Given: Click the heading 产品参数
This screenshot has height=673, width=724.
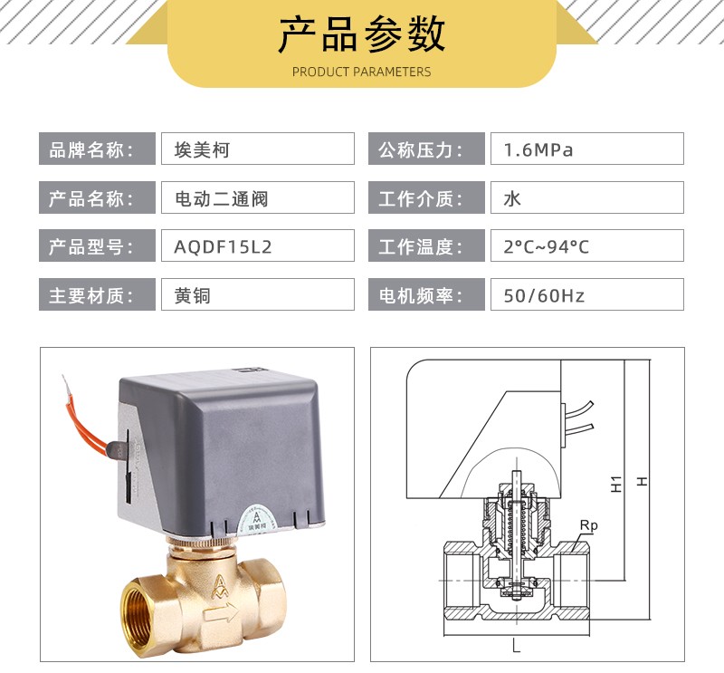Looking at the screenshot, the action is [x=361, y=34].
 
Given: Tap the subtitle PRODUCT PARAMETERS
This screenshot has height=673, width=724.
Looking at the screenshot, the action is [x=361, y=72].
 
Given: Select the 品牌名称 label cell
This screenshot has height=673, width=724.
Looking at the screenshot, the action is [x=97, y=149].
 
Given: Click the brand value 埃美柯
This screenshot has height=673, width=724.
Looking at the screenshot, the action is [x=202, y=149].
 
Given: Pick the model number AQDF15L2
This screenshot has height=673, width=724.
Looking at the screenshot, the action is [x=223, y=247].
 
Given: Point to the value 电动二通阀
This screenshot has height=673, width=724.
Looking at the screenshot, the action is [x=221, y=198].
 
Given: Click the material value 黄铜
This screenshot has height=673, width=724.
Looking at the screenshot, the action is [x=192, y=295].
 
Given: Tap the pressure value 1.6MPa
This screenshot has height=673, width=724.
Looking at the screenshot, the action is [x=538, y=149].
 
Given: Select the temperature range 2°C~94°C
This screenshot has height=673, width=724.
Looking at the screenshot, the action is [x=547, y=247].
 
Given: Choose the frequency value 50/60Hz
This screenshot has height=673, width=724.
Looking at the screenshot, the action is [x=544, y=295].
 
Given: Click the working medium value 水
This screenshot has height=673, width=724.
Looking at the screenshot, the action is [x=512, y=198].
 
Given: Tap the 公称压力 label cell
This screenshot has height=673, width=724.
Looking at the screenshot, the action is [x=426, y=149].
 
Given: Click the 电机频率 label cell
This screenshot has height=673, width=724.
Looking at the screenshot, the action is [x=426, y=294].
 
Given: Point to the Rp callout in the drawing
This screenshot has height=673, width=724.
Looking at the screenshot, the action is [x=589, y=526].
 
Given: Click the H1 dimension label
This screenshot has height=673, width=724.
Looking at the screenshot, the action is [x=616, y=484].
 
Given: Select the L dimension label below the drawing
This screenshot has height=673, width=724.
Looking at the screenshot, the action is [x=516, y=646].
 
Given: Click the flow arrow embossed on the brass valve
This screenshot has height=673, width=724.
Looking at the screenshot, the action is [x=221, y=614].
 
